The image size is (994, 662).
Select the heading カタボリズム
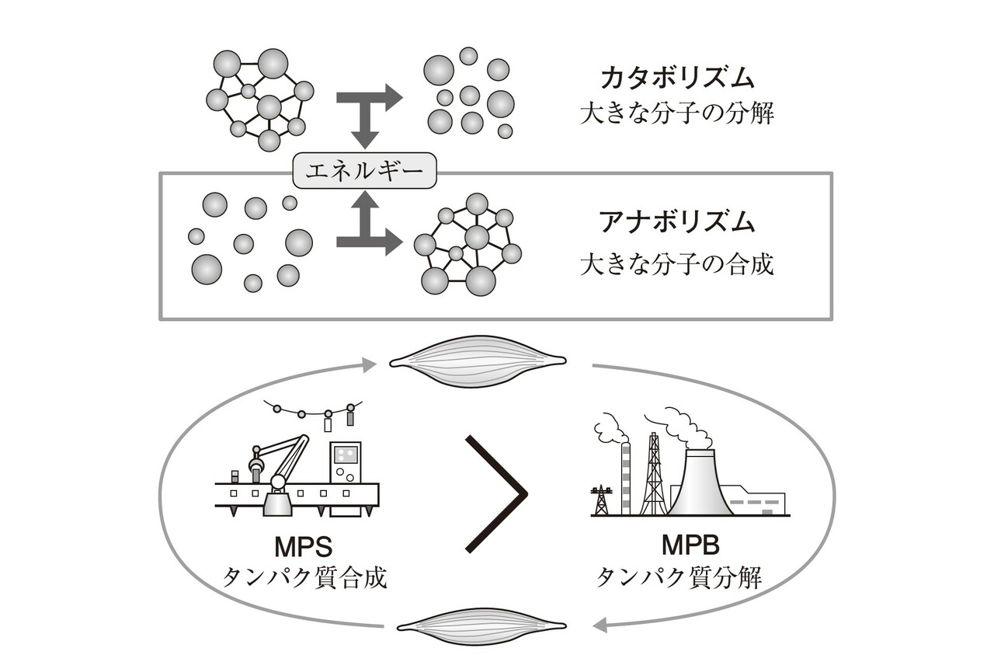[x=677, y=78]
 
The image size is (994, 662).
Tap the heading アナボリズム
[x=677, y=223]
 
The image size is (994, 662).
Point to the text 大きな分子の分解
[x=677, y=114]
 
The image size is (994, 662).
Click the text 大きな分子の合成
[x=677, y=264]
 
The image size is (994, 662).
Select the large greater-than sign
[x=497, y=493]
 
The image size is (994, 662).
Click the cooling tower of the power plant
[x=700, y=486]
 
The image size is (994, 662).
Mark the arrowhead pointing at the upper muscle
[x=370, y=364]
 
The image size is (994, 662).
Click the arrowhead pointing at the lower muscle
[x=600, y=623]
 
